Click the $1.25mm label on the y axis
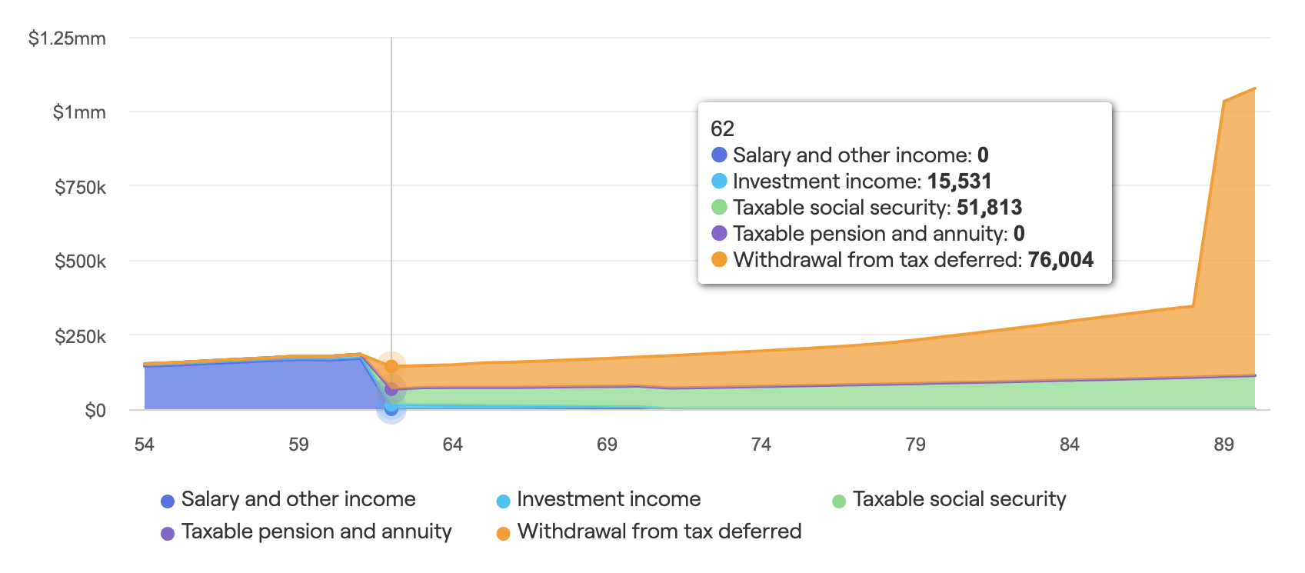coord(67,38)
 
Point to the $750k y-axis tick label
coord(80,187)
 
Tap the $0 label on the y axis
coord(95,411)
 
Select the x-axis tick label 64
coord(452,445)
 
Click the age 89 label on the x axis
coord(1223,445)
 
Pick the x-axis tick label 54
coord(144,445)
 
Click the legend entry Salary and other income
coord(298,500)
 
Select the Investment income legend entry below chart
coord(608,500)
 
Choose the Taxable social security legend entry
coord(958,500)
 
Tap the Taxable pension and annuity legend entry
coord(315,532)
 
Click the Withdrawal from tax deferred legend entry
coord(658,532)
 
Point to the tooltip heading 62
coord(722,128)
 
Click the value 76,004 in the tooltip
coord(1060,260)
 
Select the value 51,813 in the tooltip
coord(989,208)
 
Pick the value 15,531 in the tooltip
coord(959,182)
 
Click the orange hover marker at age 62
coord(391,366)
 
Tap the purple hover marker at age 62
coord(391,390)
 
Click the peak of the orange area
coord(1255,88)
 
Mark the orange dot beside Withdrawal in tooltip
coord(719,260)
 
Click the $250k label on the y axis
coord(80,337)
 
